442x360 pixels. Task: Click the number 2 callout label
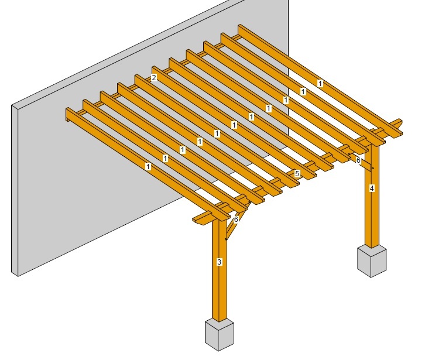coord(153,77)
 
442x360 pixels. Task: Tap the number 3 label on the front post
coord(220,262)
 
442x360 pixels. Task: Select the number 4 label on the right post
coord(372,188)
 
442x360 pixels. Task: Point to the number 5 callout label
coord(297,173)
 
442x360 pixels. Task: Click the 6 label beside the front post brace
coord(237,219)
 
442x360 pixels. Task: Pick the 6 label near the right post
coord(358,160)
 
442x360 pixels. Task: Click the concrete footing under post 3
coord(220,335)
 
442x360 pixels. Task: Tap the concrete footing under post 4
coord(372,261)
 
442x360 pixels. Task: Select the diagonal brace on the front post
coord(237,222)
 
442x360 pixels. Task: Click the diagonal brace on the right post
coord(361,162)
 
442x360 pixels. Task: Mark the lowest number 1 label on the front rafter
coord(148,167)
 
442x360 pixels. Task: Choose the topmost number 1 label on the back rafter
coord(320,84)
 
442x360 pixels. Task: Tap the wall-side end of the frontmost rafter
coord(68,115)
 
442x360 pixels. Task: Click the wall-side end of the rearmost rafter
coord(240,29)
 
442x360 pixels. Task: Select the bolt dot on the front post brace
coord(226,239)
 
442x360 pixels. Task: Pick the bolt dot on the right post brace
coord(373,169)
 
